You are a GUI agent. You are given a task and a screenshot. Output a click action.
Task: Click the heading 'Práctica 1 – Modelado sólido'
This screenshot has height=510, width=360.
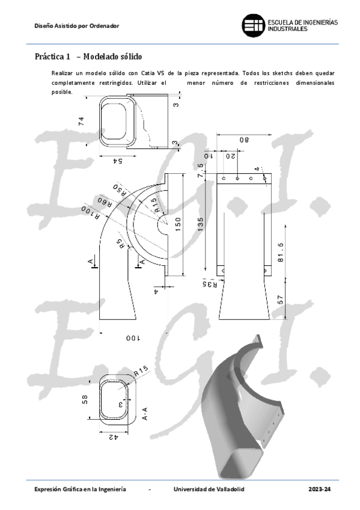88,57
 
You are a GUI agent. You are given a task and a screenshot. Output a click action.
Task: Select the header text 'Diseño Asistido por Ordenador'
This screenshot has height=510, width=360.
76,26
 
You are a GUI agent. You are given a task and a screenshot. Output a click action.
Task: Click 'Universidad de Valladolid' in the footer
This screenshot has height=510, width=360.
209,490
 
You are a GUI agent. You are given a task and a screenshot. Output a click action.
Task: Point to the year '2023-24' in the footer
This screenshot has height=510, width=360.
319,490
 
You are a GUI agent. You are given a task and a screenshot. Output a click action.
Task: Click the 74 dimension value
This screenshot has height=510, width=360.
81,121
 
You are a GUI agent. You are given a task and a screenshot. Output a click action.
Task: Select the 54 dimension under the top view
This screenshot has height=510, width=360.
118,161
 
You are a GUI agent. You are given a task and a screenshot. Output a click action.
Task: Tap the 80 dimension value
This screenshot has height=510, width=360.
244,140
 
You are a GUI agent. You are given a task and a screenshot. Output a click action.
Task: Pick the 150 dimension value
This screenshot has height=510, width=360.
178,223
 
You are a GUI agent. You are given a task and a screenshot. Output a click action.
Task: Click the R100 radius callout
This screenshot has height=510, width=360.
88,215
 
